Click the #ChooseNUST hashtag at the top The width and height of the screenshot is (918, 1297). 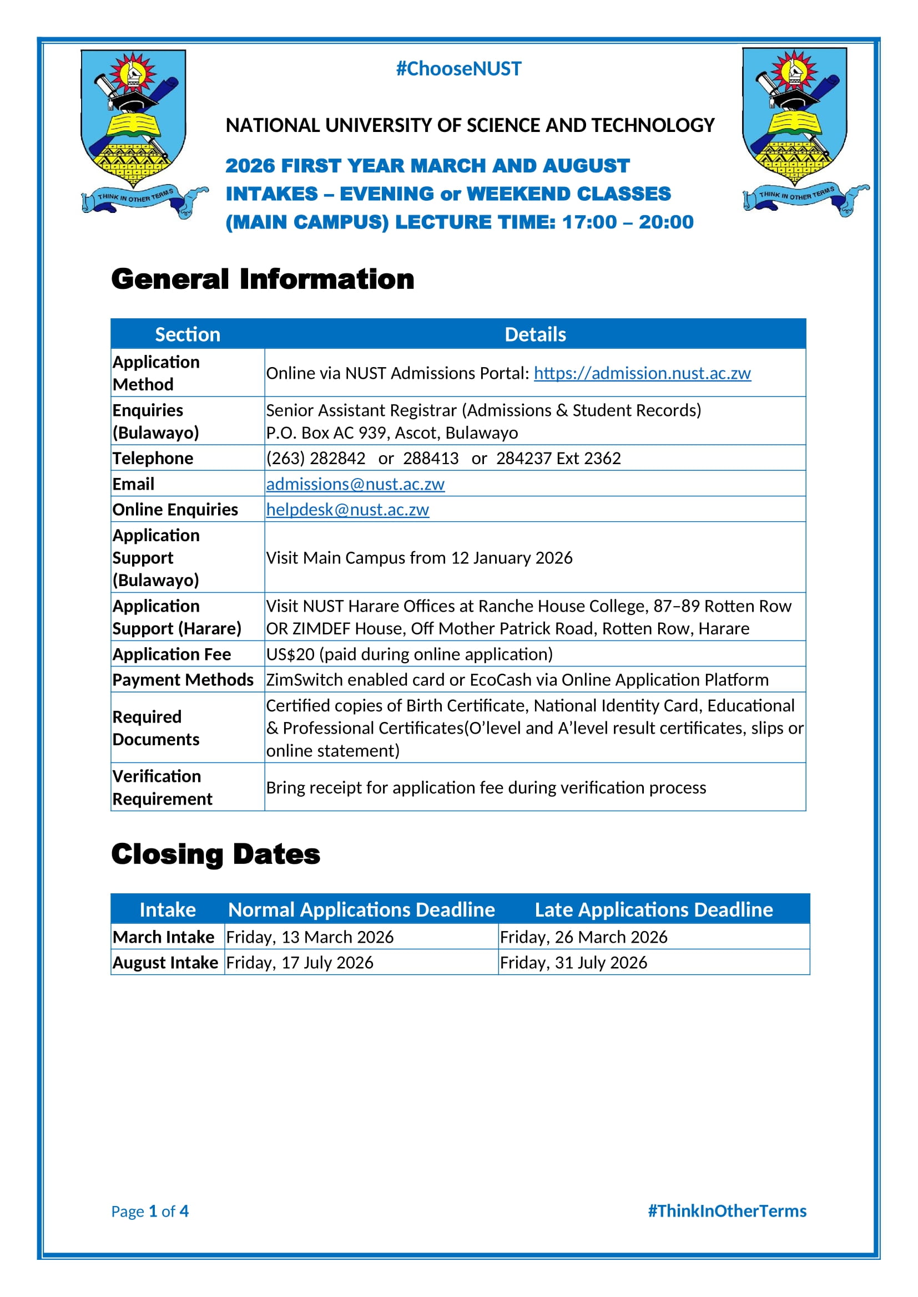(x=458, y=69)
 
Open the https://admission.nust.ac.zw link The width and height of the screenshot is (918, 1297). (x=642, y=373)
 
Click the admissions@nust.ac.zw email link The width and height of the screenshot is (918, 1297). (x=355, y=484)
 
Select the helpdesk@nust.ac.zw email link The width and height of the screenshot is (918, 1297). (x=347, y=510)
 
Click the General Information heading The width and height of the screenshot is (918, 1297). (x=263, y=279)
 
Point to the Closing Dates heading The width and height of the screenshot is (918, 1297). (x=215, y=854)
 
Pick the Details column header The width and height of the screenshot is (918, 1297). (x=534, y=334)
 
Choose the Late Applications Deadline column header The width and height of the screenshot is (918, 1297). (x=653, y=909)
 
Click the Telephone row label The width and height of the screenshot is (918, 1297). (x=153, y=458)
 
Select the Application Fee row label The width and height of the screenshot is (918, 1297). (x=172, y=654)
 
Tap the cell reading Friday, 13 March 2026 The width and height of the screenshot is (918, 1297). (x=310, y=937)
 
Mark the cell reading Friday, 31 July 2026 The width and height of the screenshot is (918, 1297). (x=573, y=963)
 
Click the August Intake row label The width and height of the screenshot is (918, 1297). (x=165, y=963)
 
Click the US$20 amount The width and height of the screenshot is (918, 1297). (x=290, y=654)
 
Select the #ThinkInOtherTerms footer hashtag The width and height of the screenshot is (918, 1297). (x=727, y=1211)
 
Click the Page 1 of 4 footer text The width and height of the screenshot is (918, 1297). (x=150, y=1212)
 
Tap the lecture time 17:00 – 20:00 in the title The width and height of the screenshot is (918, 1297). (x=628, y=222)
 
